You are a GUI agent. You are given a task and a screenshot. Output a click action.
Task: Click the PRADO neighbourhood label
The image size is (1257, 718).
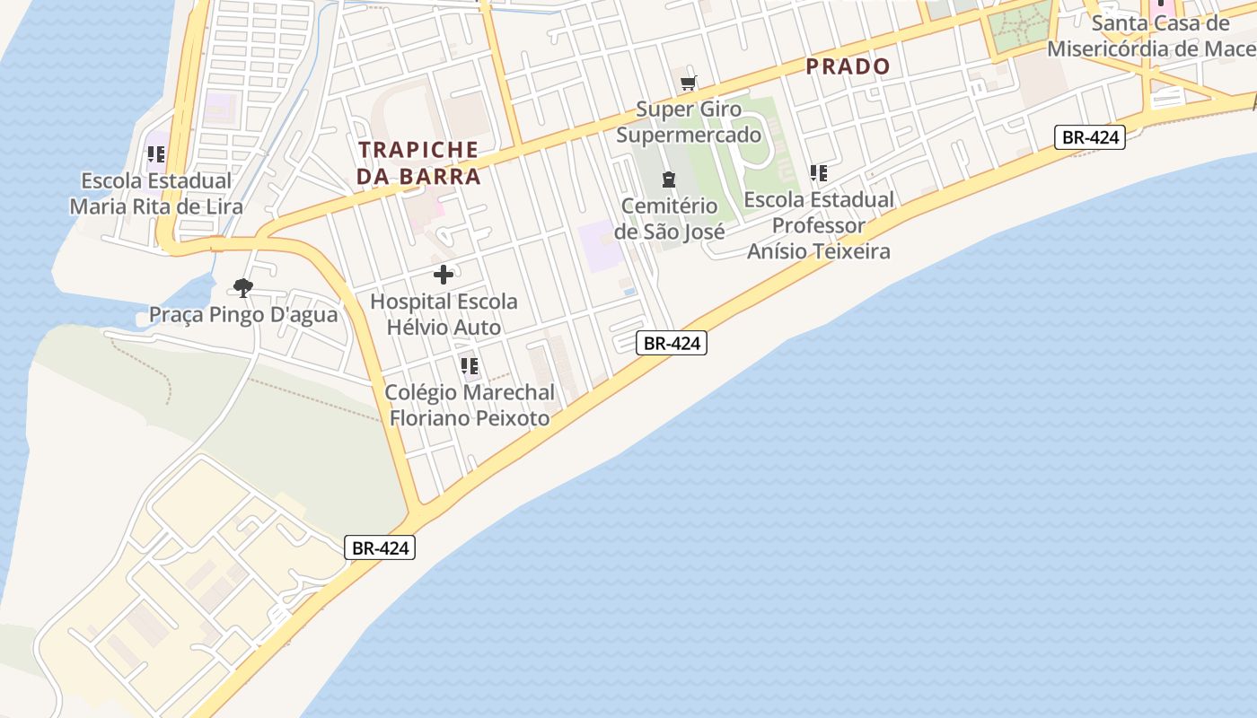click(x=848, y=66)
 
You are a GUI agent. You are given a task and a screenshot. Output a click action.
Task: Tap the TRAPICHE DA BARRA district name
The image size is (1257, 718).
click(x=418, y=162)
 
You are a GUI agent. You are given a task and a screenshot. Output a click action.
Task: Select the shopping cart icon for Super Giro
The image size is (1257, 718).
click(x=689, y=83)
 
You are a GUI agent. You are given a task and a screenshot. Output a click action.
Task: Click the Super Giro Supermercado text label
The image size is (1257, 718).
click(x=689, y=122)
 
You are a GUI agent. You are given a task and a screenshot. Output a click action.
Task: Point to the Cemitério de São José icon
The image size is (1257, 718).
click(x=668, y=179)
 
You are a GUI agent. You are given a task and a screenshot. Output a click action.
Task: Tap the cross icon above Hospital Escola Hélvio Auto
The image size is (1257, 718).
click(x=444, y=275)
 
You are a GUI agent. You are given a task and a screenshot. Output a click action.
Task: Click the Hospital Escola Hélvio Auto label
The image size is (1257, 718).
click(x=444, y=314)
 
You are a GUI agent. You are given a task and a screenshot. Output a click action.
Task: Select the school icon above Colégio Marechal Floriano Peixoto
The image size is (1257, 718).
click(x=469, y=366)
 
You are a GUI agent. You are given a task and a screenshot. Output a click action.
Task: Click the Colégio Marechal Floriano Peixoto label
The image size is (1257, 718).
click(x=469, y=406)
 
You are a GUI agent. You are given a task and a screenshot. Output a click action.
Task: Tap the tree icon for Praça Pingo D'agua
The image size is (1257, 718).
click(x=242, y=288)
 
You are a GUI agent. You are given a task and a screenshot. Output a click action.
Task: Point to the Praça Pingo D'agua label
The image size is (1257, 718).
click(x=242, y=315)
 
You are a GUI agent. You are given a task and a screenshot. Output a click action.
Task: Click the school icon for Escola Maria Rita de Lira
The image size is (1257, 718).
click(x=156, y=154)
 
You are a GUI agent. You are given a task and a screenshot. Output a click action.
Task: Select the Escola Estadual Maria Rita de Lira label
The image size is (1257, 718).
click(x=156, y=194)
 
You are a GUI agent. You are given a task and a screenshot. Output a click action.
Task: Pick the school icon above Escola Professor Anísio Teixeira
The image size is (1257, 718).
click(x=818, y=172)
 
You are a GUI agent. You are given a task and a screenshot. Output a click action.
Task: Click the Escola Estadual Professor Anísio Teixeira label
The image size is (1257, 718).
click(x=819, y=225)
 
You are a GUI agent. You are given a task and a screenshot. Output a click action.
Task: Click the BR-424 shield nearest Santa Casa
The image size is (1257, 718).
click(x=1089, y=137)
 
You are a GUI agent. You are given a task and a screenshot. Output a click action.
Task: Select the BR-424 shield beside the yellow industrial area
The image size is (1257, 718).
click(x=380, y=547)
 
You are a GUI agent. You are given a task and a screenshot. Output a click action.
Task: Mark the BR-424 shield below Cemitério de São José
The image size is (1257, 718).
click(x=672, y=342)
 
